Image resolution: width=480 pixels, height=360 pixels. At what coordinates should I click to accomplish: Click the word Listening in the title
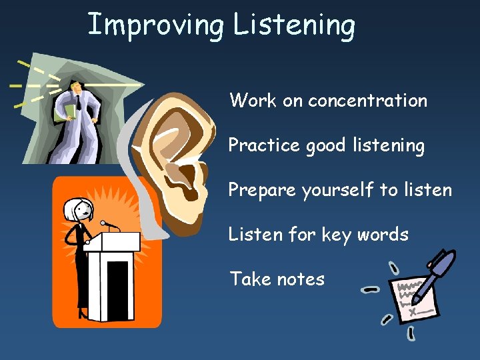point(294,25)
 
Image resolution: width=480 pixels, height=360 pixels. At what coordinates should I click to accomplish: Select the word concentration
point(367,101)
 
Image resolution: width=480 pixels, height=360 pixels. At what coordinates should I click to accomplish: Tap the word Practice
point(265,145)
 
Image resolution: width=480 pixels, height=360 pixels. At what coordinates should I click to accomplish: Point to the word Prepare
point(262,190)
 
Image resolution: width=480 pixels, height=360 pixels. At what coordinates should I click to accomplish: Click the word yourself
point(337,190)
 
